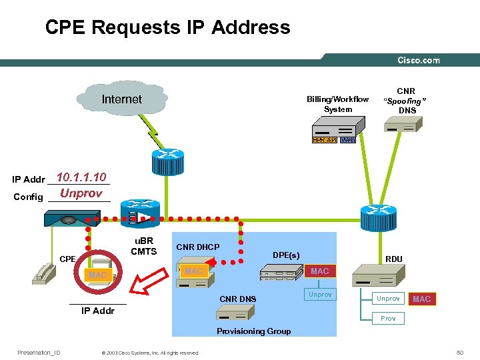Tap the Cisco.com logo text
419,60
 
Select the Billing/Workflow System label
337,104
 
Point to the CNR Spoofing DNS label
406,101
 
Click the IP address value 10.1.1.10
81,177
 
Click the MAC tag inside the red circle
97,275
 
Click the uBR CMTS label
143,246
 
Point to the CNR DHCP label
197,247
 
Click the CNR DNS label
237,299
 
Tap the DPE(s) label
286,255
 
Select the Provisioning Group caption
253,331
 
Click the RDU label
394,259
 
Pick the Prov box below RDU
388,319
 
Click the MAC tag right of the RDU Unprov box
422,299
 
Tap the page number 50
459,353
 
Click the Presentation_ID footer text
39,353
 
